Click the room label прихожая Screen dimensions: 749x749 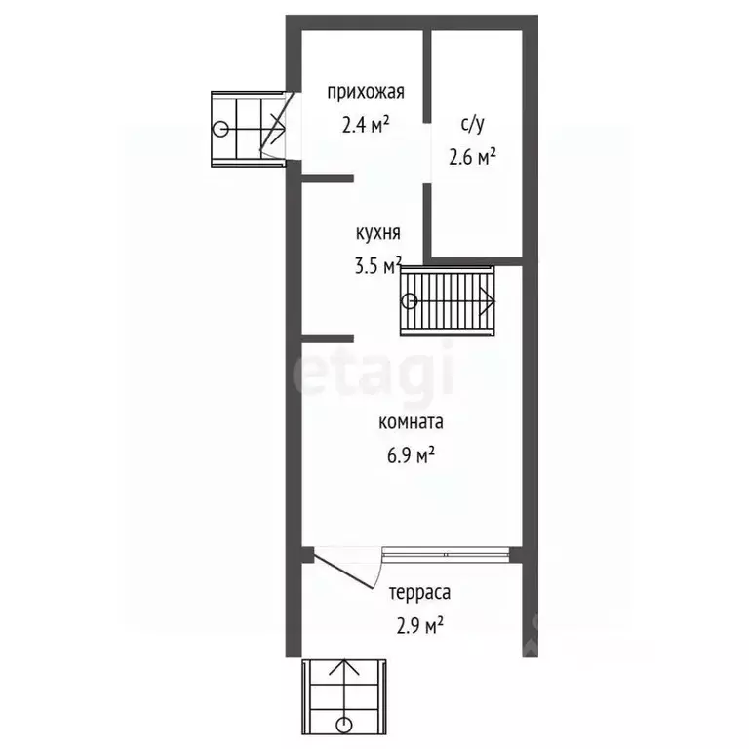tap(366, 92)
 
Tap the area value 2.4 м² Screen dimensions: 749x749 tap(366, 125)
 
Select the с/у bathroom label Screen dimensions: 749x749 tap(472, 124)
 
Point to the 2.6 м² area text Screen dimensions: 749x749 tap(472, 157)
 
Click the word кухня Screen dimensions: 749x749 tap(377, 233)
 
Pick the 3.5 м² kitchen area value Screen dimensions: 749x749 tap(378, 265)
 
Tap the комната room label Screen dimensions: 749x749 tap(411, 422)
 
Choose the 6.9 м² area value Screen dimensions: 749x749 tap(411, 454)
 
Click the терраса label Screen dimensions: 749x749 tap(420, 593)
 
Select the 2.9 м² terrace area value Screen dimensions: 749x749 tap(420, 625)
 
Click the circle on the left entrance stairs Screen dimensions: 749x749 tap(220, 129)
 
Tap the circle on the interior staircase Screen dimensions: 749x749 tap(410, 301)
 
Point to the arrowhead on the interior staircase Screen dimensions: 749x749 tap(487, 301)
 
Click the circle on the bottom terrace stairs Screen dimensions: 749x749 tap(344, 725)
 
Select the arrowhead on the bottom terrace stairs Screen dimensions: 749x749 tap(344, 667)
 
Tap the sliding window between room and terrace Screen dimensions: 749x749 tap(446, 554)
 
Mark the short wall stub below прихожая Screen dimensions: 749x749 tap(328, 178)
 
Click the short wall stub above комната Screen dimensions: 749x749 tap(328, 338)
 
